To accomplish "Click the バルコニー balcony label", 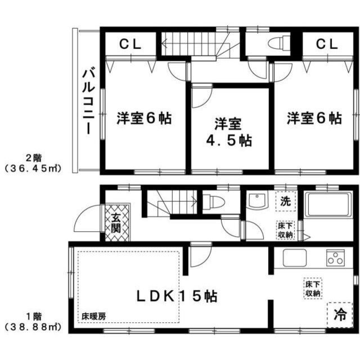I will (x=88, y=101).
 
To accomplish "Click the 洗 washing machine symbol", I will (x=286, y=200).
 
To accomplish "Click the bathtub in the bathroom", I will (x=328, y=204).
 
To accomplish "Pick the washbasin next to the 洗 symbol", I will (x=256, y=200).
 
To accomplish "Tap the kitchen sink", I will (x=296, y=258).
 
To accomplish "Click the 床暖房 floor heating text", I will (x=93, y=315).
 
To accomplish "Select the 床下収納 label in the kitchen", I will (x=313, y=287).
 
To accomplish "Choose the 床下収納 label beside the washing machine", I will (x=285, y=230).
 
